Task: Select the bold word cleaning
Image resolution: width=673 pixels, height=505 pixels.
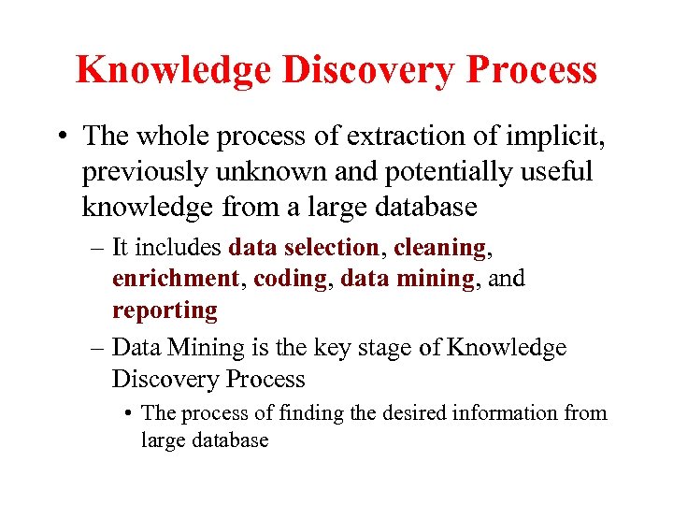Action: pyautogui.click(x=440, y=248)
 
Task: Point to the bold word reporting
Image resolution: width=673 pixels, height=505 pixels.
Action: pyautogui.click(x=165, y=310)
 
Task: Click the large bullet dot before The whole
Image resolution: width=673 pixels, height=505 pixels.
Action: pyautogui.click(x=60, y=137)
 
